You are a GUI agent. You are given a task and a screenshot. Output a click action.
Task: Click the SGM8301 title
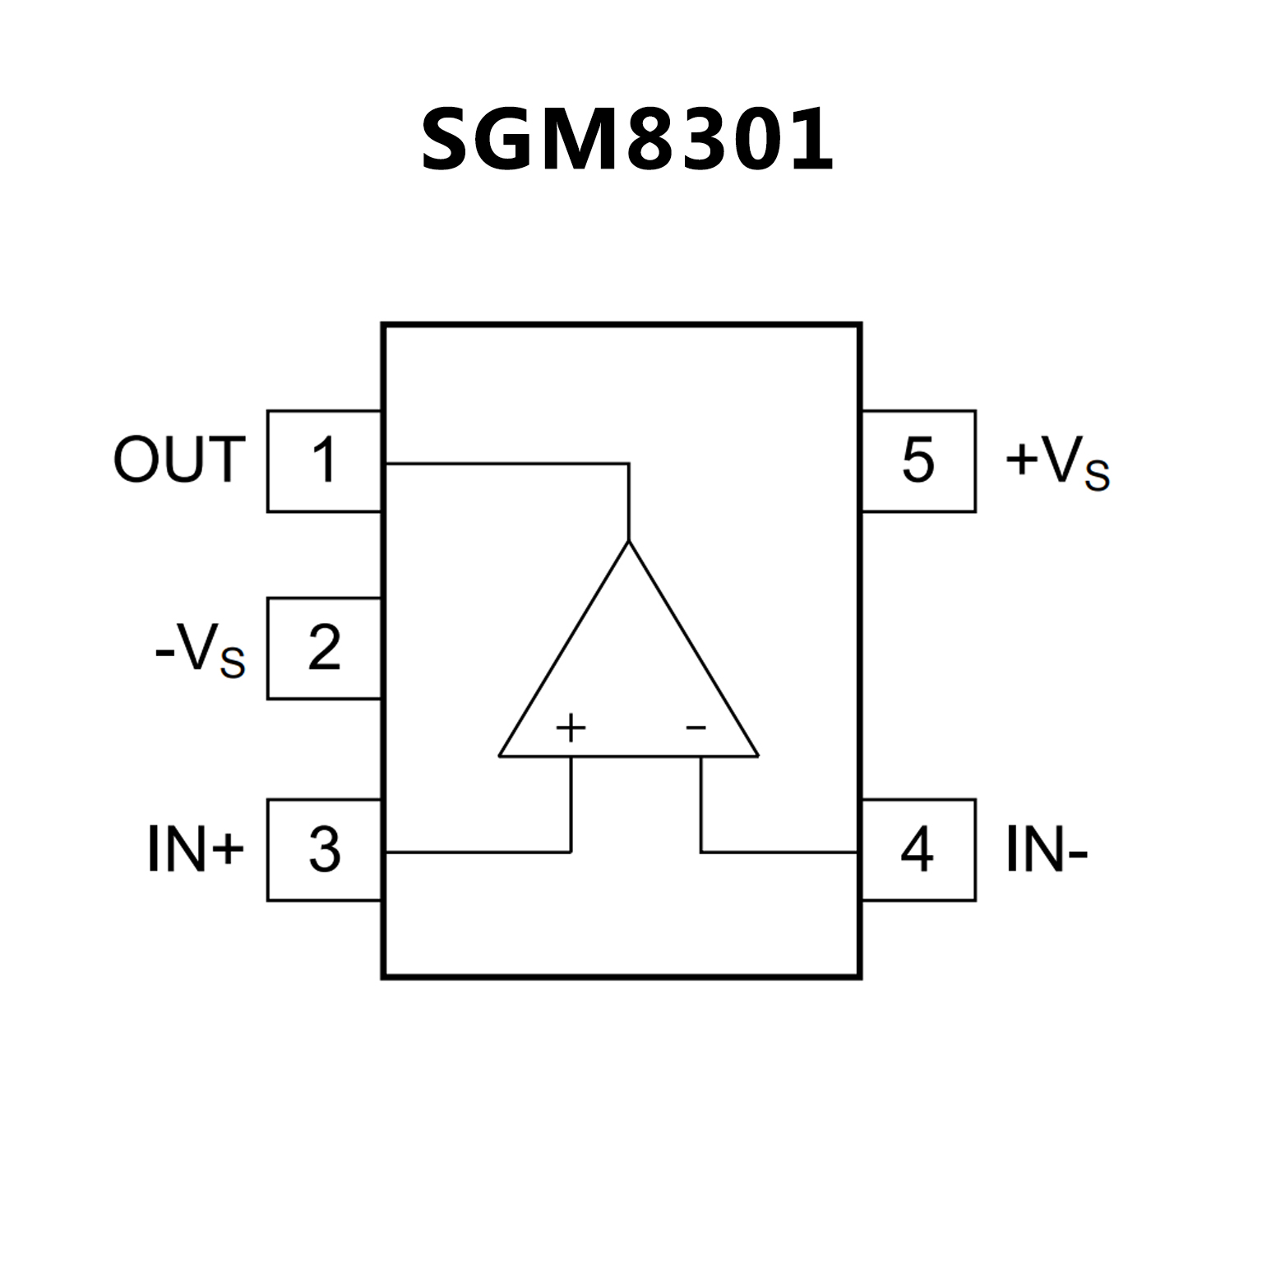(x=627, y=140)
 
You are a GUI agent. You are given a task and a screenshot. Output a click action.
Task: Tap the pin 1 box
(x=324, y=461)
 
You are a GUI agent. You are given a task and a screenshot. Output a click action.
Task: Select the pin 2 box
(x=324, y=649)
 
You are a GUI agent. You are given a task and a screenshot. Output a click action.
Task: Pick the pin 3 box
(x=324, y=850)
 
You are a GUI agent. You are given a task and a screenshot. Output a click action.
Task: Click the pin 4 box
(x=918, y=850)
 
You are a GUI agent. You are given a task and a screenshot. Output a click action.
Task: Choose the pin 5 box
(x=918, y=461)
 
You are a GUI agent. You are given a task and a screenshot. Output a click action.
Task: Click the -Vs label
(x=200, y=651)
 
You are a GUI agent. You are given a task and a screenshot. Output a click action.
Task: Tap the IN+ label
(x=196, y=849)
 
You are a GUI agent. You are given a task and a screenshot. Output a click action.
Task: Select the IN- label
(x=1047, y=849)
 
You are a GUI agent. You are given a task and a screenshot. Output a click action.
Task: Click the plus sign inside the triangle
(x=571, y=728)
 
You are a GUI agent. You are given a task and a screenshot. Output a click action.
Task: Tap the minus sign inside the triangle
(x=696, y=728)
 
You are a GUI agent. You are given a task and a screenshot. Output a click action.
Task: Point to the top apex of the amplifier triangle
(x=629, y=542)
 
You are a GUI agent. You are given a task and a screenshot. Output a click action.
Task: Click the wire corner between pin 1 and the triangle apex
(x=629, y=465)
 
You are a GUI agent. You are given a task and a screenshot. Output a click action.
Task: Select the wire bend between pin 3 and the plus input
(x=571, y=853)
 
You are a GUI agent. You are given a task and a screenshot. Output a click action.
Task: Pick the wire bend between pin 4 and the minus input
(x=701, y=853)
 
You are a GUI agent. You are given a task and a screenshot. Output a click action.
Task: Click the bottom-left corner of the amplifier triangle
(x=500, y=756)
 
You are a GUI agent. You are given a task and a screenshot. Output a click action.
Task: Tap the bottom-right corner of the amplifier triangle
(x=758, y=756)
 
